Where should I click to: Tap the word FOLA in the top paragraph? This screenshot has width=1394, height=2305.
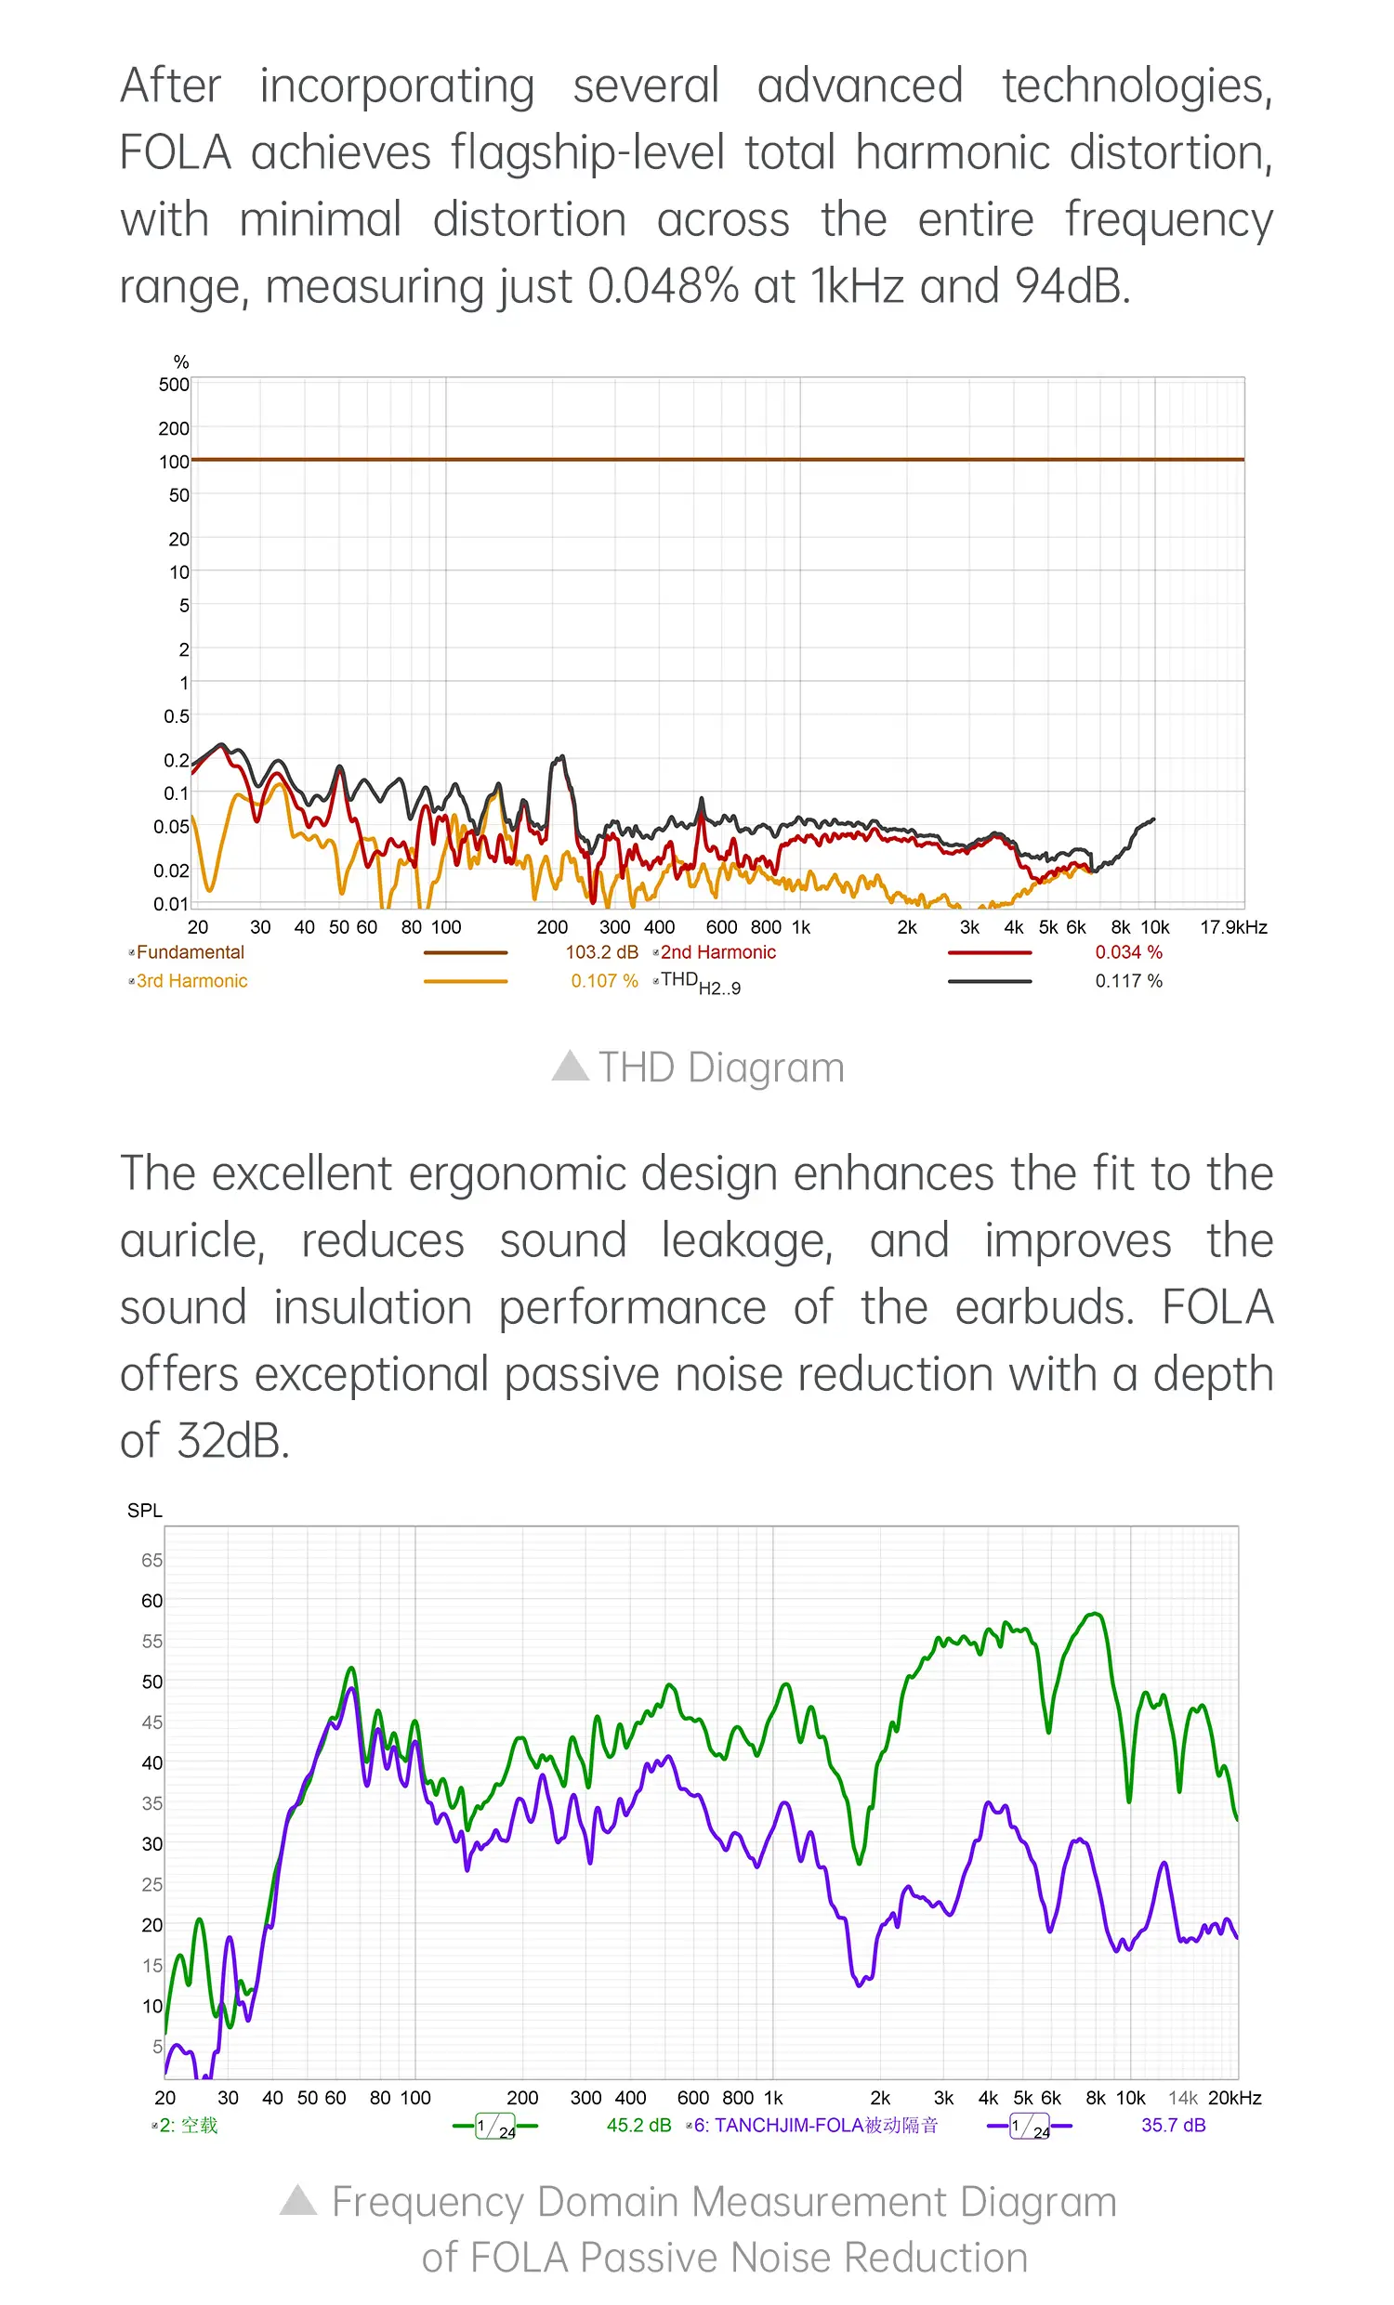tap(175, 152)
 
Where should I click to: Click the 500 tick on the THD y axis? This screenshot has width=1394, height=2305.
tap(174, 385)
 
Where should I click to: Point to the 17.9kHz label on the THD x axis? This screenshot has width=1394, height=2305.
tap(1233, 927)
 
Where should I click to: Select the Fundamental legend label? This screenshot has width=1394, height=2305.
tap(190, 952)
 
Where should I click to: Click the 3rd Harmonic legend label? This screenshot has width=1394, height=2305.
tap(191, 981)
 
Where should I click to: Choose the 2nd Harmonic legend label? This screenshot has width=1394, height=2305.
tap(717, 952)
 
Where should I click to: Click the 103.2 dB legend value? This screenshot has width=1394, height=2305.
tap(600, 952)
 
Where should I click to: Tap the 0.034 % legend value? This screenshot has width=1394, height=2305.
tap(1128, 952)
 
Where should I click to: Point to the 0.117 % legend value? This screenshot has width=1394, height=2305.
tap(1128, 981)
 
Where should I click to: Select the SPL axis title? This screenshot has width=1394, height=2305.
tap(145, 1511)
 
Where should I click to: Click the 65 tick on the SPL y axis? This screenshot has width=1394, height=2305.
tap(151, 1561)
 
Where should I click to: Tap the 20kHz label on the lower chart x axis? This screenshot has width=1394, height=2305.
tap(1234, 2098)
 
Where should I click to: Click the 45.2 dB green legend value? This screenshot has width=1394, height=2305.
tap(638, 2126)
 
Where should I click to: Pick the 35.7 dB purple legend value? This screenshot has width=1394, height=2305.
tap(1172, 2126)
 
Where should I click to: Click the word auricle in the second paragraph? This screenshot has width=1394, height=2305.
tap(191, 1241)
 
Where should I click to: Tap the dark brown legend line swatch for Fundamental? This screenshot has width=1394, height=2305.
tap(465, 952)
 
